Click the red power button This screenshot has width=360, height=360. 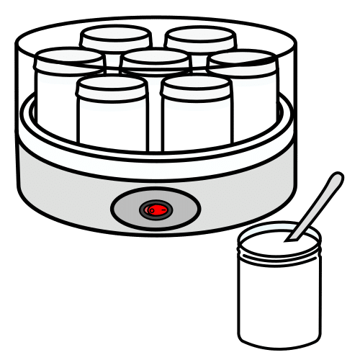tap(156, 210)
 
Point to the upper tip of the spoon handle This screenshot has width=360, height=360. tap(337, 177)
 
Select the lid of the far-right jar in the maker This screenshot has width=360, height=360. tap(242, 59)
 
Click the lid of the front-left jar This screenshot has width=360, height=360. tap(112, 86)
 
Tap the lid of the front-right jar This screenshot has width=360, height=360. tap(195, 86)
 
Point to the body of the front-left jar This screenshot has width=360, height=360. tap(112, 119)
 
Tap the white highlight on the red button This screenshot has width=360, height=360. tap(150, 210)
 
